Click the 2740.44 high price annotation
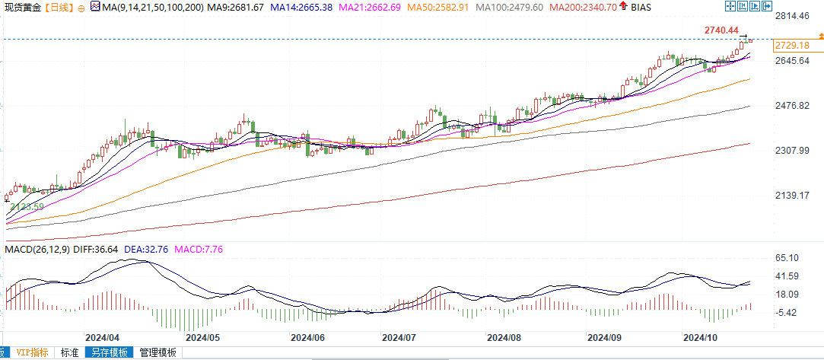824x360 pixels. [722, 30]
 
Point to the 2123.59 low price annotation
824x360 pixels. [27, 206]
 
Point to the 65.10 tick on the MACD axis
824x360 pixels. [787, 259]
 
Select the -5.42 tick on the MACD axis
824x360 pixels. [787, 313]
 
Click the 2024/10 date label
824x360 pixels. [701, 336]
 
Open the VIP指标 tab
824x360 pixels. [33, 353]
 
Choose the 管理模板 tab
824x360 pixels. [157, 353]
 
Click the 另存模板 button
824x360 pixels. [110, 353]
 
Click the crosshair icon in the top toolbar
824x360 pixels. [730, 6]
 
